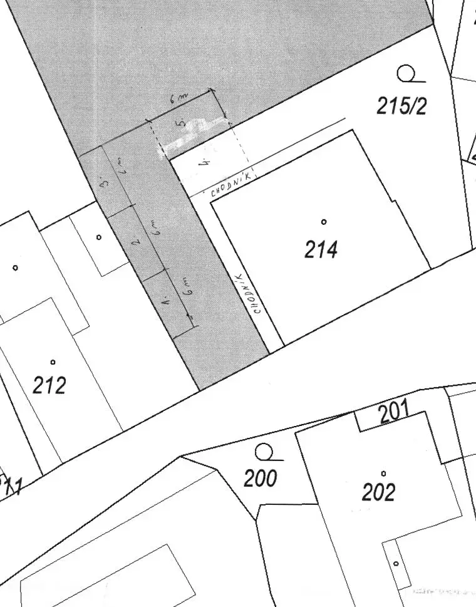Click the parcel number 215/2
(401, 106)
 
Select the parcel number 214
(321, 249)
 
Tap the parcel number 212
(49, 385)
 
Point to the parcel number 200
(260, 479)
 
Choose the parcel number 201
(394, 412)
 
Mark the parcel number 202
(378, 492)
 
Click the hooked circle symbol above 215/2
(407, 75)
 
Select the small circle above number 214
(324, 221)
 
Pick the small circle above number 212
(53, 361)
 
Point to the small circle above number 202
(383, 473)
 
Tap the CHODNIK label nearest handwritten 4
(232, 186)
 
